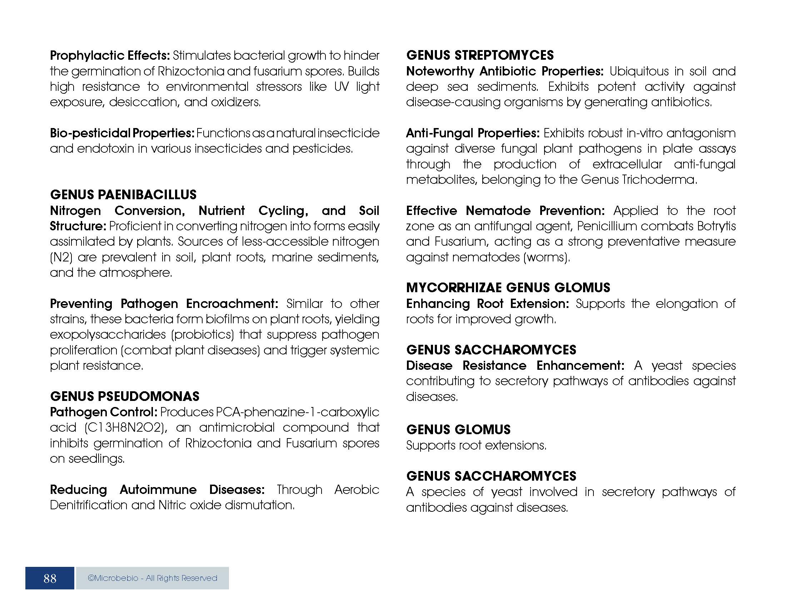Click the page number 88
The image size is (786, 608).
pos(50,578)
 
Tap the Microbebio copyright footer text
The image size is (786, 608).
pos(152,578)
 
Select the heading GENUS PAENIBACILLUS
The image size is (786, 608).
pos(123,195)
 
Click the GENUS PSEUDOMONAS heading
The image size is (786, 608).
pos(125,396)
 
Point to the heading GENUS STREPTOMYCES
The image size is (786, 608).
pos(480,55)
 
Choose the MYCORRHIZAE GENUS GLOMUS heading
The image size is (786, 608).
pos(508,288)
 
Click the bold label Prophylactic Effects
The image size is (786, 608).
pos(110,55)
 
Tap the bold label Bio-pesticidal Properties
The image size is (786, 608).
pos(122,133)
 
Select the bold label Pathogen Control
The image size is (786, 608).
pos(104,412)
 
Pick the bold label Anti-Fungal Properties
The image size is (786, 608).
pos(473,133)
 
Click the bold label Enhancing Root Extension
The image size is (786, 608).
pos(487,304)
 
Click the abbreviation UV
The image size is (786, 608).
pos(341,87)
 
